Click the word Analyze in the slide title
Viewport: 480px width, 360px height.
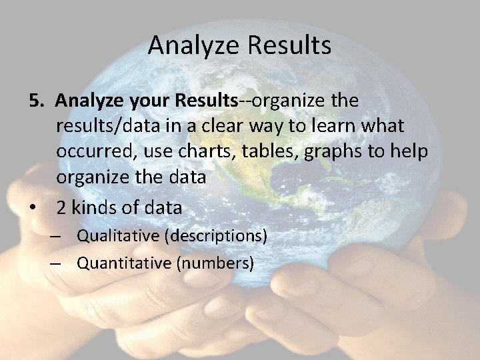pos(194,46)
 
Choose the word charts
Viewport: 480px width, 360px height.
pos(198,151)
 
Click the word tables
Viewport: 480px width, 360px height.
pos(268,151)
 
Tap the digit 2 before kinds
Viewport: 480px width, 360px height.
pos(61,207)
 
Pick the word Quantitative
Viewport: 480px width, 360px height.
pos(124,263)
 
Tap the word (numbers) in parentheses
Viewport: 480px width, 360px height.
pos(215,263)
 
